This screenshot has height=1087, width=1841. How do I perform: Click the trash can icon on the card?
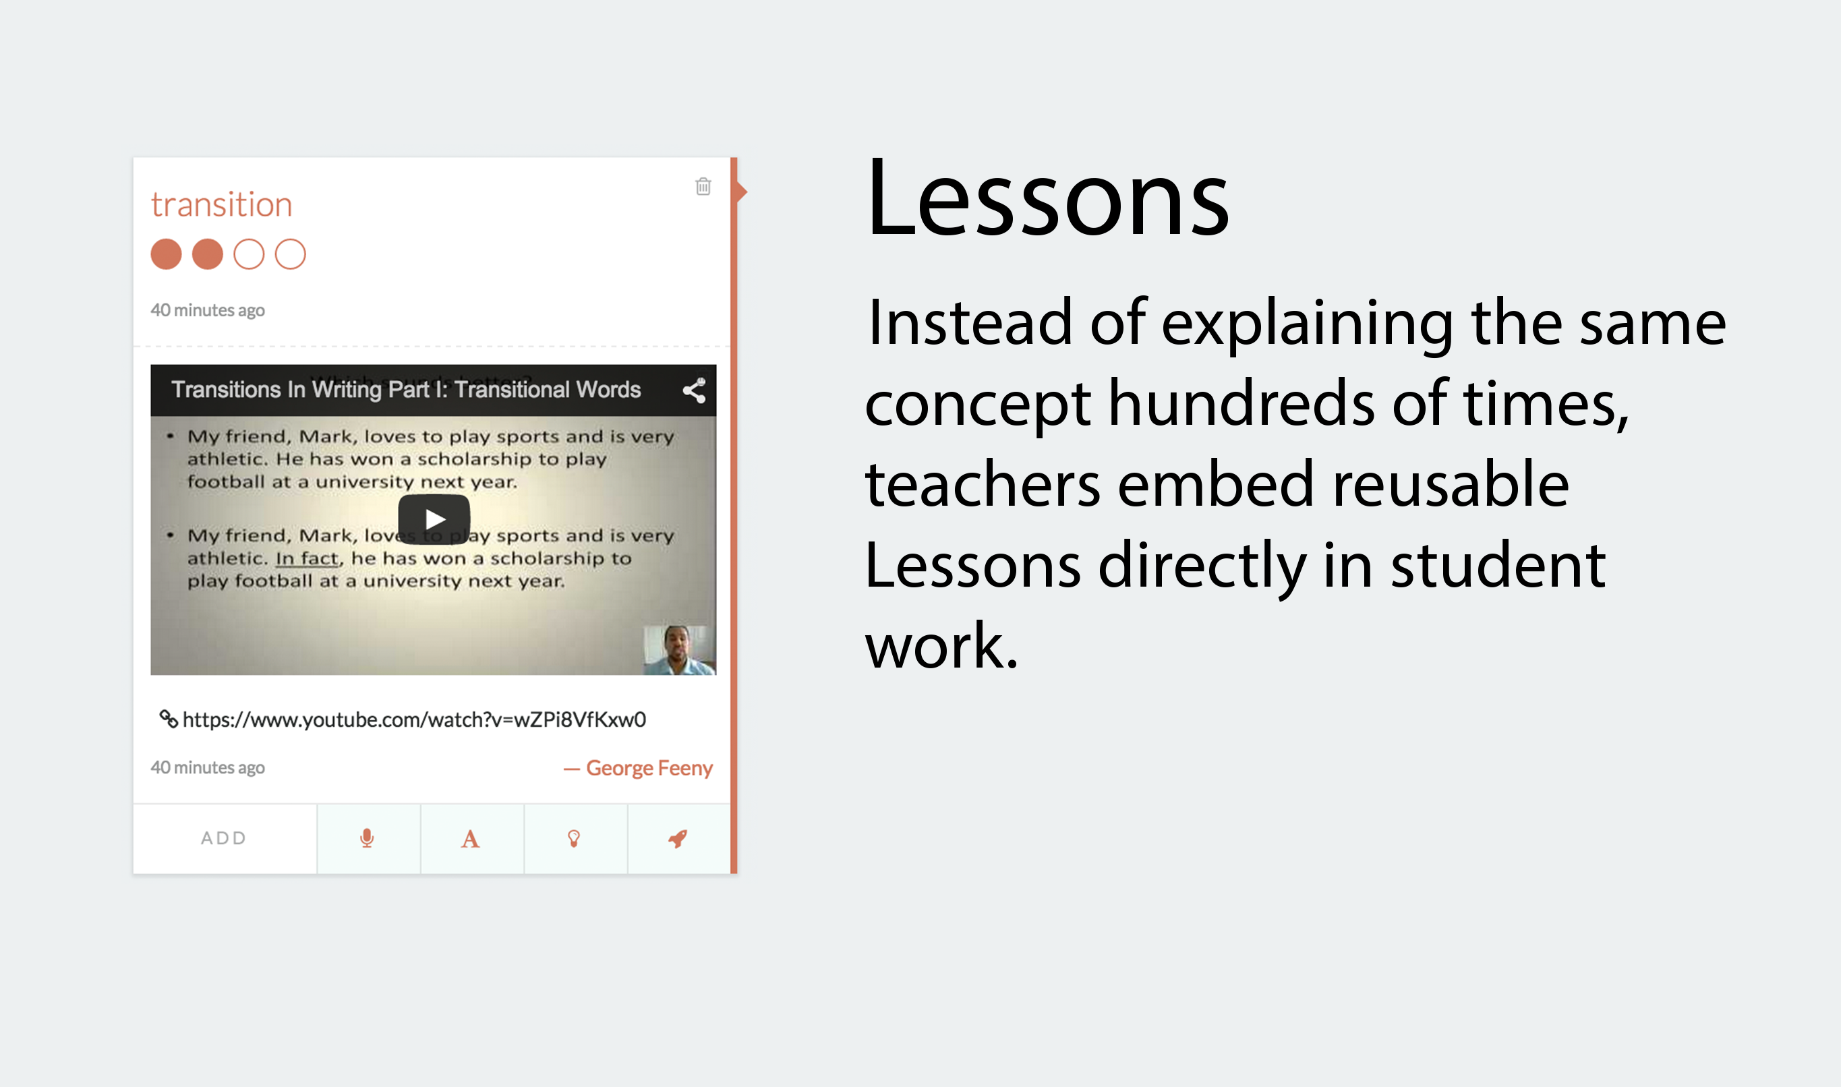click(703, 186)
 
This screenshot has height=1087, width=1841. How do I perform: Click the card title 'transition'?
click(221, 204)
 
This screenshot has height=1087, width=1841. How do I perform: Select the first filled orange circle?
click(167, 254)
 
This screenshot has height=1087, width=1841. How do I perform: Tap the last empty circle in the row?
click(290, 254)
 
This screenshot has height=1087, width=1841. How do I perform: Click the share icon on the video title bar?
click(694, 390)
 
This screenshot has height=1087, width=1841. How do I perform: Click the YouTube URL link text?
click(415, 720)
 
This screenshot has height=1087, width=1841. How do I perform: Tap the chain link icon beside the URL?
click(169, 719)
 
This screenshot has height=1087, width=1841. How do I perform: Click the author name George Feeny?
click(649, 767)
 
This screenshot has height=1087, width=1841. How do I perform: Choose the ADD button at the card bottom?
click(224, 838)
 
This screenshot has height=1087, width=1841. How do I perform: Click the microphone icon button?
click(368, 838)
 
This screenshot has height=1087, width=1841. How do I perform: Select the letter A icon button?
click(470, 839)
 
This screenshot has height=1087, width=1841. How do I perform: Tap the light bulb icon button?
click(574, 839)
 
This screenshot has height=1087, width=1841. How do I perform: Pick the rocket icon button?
click(678, 839)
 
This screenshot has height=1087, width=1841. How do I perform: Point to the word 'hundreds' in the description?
click(1241, 404)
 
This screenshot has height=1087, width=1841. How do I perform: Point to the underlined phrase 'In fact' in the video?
click(308, 558)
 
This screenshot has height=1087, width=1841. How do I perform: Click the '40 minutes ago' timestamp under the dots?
click(208, 311)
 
